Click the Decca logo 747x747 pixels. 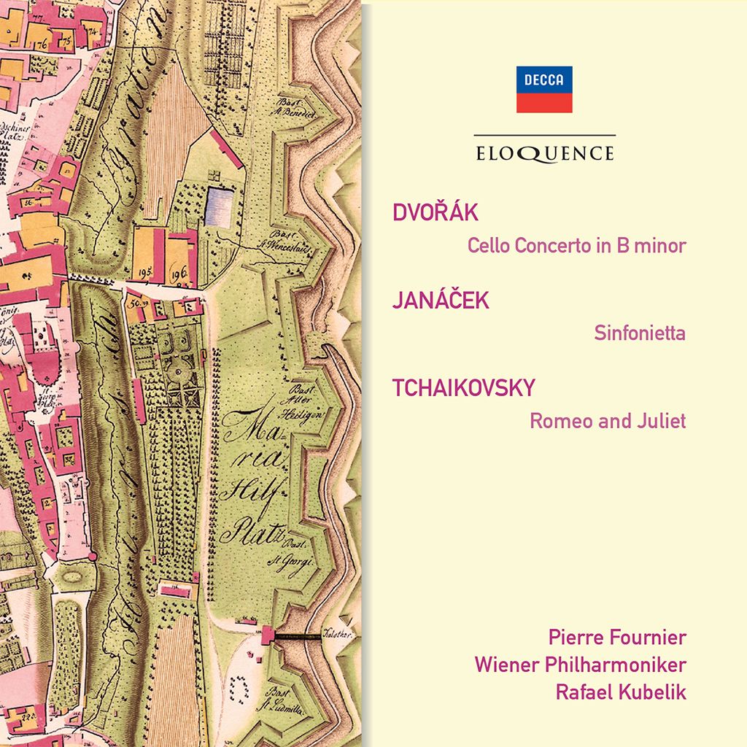(544, 89)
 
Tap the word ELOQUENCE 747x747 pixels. (544, 153)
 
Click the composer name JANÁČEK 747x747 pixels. (441, 301)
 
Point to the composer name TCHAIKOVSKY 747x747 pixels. (464, 389)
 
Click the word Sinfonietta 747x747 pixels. (640, 333)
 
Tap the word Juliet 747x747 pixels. (662, 422)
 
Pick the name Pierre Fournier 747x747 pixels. (617, 638)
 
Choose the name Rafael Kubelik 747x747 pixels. (621, 692)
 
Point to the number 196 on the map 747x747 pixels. (178, 271)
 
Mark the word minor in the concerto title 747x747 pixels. (660, 246)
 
